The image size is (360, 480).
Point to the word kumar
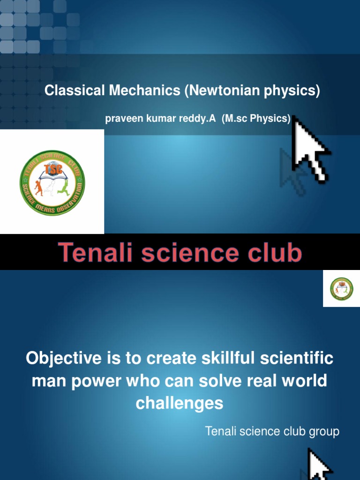click(158, 119)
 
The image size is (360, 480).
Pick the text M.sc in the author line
click(235, 119)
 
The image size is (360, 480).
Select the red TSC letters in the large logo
click(52, 168)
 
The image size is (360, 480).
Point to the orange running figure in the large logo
click(38, 187)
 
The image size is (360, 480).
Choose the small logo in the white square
click(341, 289)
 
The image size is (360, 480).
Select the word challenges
click(180, 403)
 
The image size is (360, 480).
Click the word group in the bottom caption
click(323, 431)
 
